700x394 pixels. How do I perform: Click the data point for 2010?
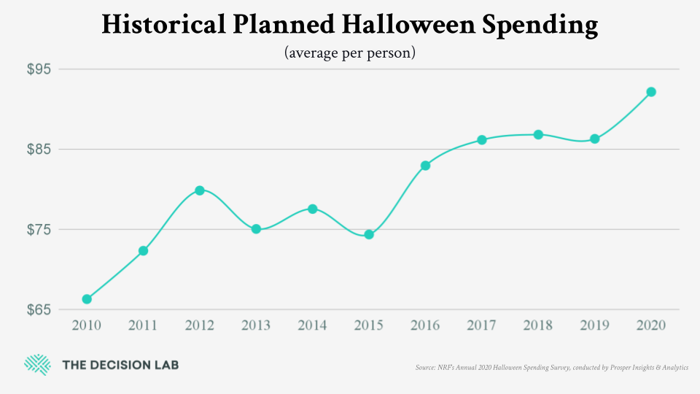pos(87,299)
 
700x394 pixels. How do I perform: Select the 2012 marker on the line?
pos(200,190)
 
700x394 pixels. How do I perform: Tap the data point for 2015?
pos(369,234)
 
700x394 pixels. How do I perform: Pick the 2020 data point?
pos(651,92)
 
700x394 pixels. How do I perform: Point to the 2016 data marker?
pos(425,166)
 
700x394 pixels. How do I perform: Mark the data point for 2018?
pos(538,134)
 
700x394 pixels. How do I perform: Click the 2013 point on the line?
pos(256,229)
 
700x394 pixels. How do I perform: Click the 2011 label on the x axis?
pos(143,325)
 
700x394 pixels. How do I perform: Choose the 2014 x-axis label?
pos(312,325)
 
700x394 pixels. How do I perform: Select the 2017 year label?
pos(481,325)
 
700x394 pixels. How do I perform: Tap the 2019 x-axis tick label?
pos(594,325)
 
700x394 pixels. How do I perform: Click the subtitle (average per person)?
pos(350,53)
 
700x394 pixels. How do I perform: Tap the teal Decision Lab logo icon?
pos(37,365)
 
